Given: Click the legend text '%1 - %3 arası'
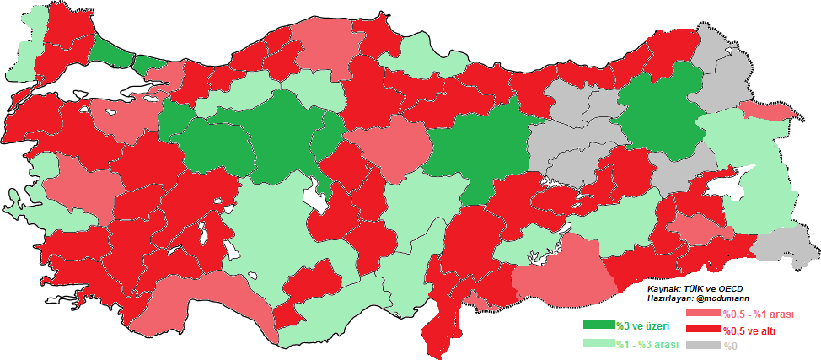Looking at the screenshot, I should (x=648, y=344).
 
